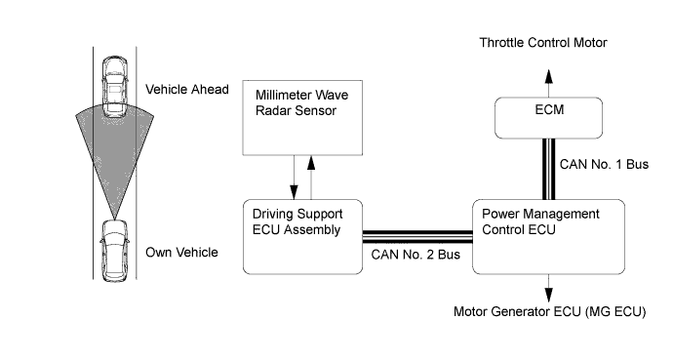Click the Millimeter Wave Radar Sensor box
point(302,118)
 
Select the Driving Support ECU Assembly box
point(302,237)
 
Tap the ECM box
point(548,118)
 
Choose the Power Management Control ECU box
point(548,237)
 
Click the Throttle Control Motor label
point(543,43)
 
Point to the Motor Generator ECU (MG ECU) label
point(550,311)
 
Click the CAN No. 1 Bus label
point(604,164)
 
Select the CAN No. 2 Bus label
point(416,255)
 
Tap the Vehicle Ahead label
point(187,89)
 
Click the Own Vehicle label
point(181,253)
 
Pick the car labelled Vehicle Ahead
point(115,87)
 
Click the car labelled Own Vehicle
point(114,251)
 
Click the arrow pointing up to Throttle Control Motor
point(548,83)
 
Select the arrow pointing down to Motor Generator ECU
point(548,289)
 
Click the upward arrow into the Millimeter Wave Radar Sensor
point(311,178)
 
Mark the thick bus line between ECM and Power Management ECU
point(548,169)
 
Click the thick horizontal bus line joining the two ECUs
point(417,237)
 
